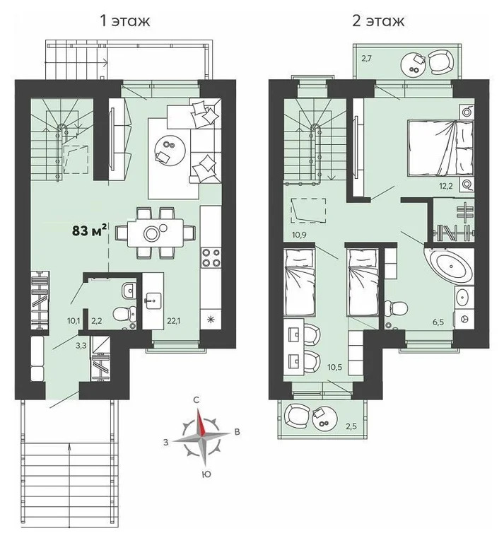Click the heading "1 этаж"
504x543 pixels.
(127, 21)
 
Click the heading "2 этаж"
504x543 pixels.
(378, 21)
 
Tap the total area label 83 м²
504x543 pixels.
(89, 229)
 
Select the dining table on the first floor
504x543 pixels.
(153, 231)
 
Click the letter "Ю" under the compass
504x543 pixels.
(205, 473)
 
